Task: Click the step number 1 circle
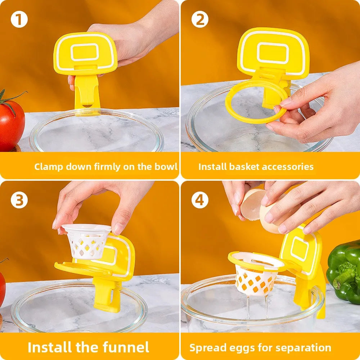[x=19, y=19]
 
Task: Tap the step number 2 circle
[x=200, y=19]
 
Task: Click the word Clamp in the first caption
[x=48, y=167]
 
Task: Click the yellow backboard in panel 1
[x=85, y=52]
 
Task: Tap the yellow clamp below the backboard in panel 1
[x=86, y=90]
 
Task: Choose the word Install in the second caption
[x=212, y=167]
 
